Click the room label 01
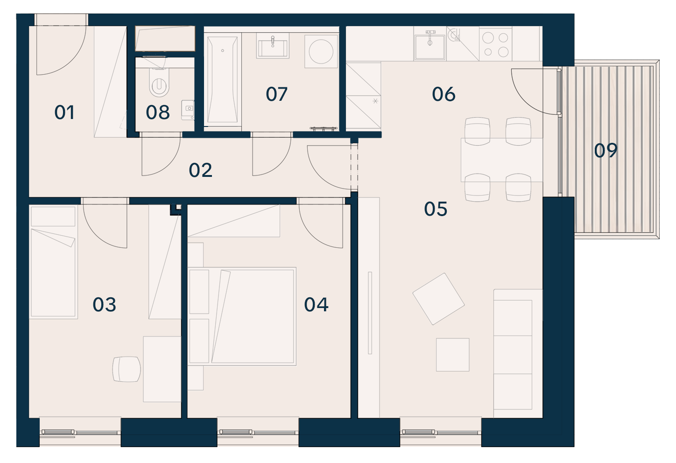pos(64,112)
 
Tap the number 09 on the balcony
pos(606,150)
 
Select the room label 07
pos(276,94)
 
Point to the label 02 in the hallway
pos(200,170)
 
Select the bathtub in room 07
pos(223,80)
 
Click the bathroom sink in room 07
pos(273,45)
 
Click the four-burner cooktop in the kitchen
pos(495,44)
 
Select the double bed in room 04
pos(241,316)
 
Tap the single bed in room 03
pos(53,261)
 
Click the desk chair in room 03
pos(127,369)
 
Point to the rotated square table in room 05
pos(438,299)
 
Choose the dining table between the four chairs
pos(501,160)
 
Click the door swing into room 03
pos(105,226)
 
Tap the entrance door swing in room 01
pos(61,50)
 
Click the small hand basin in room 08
pos(188,110)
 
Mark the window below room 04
pos(258,432)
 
